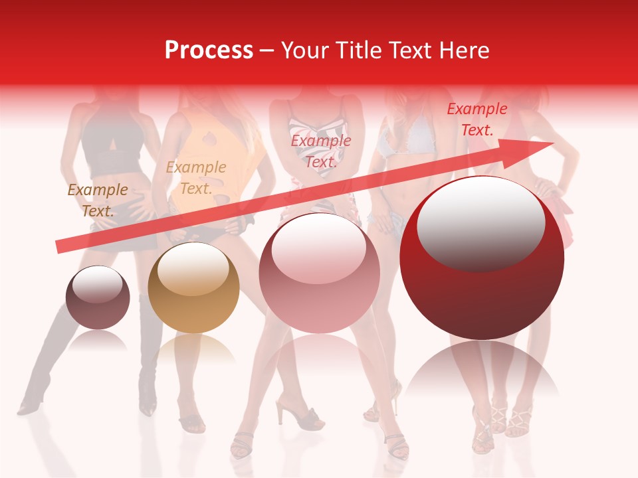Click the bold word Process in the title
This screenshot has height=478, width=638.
tap(209, 50)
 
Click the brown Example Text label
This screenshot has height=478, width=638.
tap(98, 200)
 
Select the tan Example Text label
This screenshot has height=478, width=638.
tap(195, 178)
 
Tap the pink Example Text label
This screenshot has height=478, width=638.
tap(320, 151)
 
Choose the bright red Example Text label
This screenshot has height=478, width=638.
tap(477, 119)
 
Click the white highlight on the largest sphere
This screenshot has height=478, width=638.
tap(480, 222)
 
